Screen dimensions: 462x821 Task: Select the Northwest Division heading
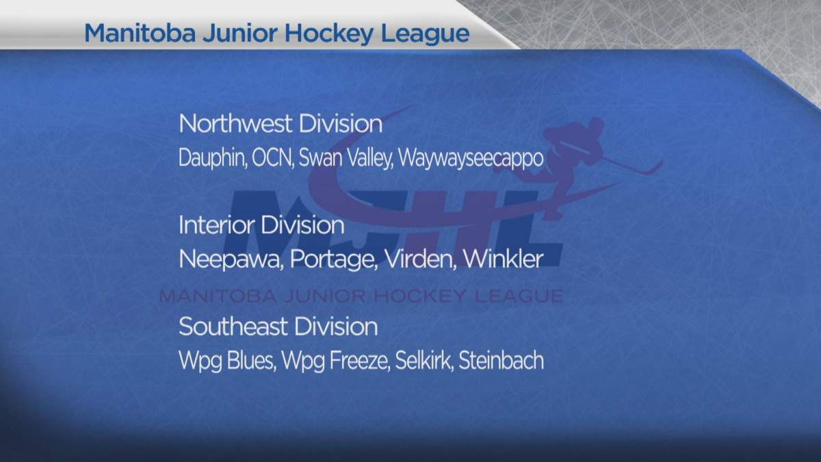[280, 125]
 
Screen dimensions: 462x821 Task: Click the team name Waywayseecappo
[471, 158]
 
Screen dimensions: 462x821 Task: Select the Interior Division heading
[261, 225]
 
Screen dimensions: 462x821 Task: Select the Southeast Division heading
[278, 326]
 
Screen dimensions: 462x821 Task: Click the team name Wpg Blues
[226, 361]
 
